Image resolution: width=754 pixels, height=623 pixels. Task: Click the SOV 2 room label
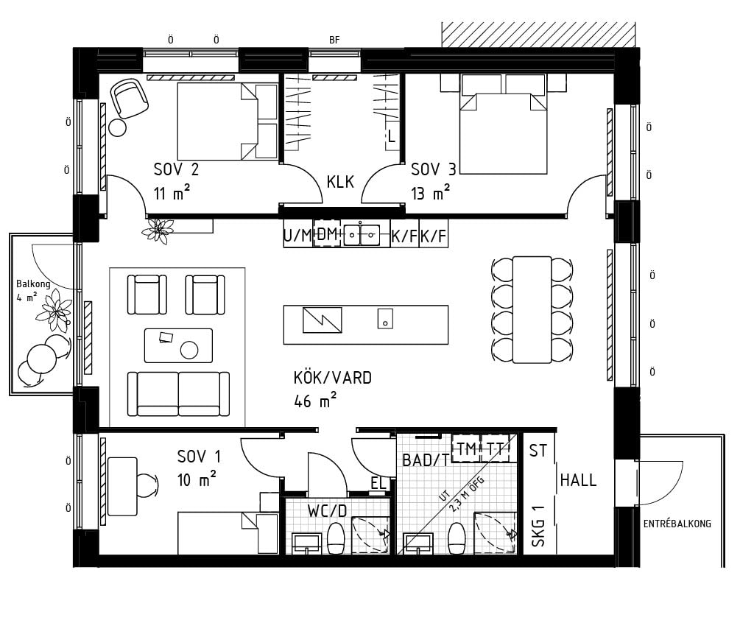(x=176, y=169)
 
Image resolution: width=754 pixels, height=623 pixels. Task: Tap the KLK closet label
(x=340, y=182)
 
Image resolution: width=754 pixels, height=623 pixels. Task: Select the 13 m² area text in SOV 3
(x=430, y=193)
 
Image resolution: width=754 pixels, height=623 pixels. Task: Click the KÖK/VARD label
(x=332, y=378)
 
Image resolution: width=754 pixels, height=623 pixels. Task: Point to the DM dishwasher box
(x=327, y=233)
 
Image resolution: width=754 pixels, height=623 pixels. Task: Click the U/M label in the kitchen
(x=297, y=235)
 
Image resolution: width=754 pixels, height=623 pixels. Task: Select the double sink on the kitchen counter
(x=361, y=235)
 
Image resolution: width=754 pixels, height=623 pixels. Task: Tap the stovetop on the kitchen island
(x=323, y=320)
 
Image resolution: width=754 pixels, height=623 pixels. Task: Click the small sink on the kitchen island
(x=385, y=318)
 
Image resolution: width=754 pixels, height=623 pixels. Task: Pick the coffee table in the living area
(x=178, y=345)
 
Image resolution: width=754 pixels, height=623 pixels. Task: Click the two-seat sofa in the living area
(x=178, y=393)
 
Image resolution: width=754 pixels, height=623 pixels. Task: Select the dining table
(x=532, y=309)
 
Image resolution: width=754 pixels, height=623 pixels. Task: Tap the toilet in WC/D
(x=336, y=538)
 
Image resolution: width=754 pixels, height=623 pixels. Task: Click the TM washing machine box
(x=466, y=448)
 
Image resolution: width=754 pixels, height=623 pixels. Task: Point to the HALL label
(x=578, y=479)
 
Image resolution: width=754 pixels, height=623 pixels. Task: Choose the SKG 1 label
(x=538, y=526)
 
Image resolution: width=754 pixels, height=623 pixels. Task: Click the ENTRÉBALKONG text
(x=677, y=524)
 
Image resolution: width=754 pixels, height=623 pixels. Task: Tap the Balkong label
(x=33, y=284)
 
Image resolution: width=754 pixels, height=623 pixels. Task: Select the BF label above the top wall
(x=334, y=41)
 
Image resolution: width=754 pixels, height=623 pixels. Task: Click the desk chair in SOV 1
(x=147, y=485)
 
